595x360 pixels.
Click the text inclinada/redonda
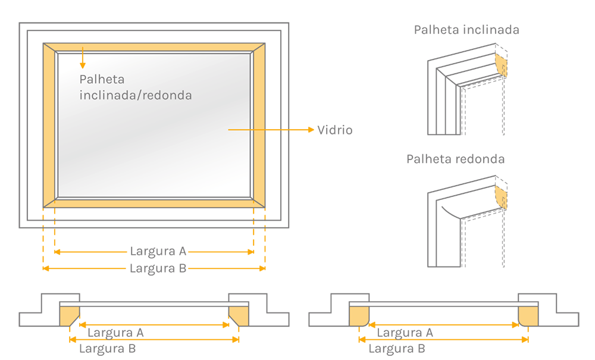tap(136, 95)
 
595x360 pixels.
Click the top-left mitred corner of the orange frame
tap(50, 49)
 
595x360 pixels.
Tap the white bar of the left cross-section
tap(154, 305)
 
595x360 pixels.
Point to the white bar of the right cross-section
tap(443, 305)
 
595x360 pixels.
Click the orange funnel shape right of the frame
tap(306, 129)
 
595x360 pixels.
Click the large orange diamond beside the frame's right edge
tap(272, 129)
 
